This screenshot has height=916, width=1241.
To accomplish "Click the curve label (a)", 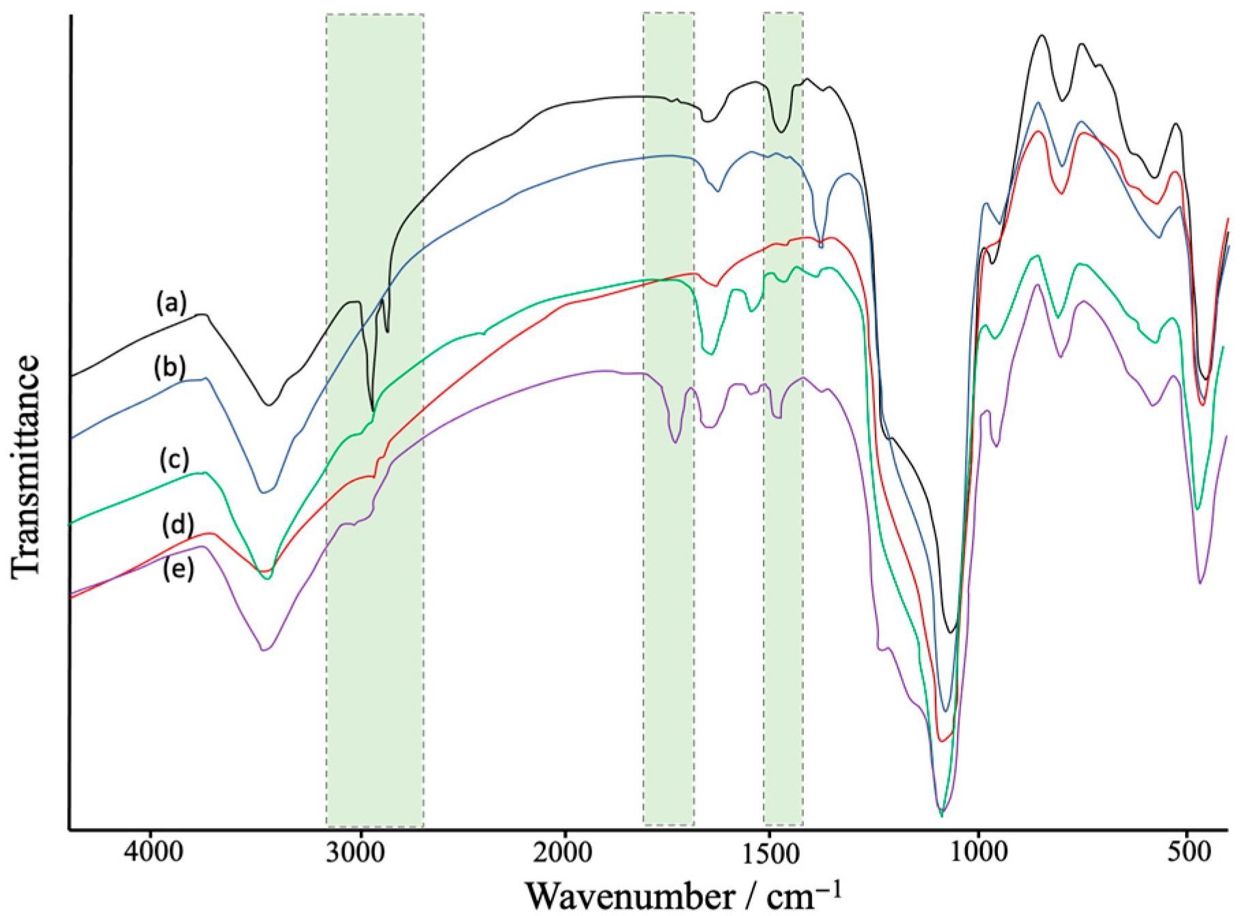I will tap(171, 302).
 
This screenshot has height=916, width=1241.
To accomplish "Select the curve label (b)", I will tap(169, 368).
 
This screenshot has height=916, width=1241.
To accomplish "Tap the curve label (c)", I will tap(174, 460).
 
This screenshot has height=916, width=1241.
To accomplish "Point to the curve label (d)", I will tap(178, 525).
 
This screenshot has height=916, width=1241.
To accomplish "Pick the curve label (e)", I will tap(178, 569).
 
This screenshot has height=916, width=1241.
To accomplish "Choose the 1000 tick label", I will tap(979, 853).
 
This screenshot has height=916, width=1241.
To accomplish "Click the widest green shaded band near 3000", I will tap(375, 205).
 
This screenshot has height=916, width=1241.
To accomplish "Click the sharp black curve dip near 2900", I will tap(372, 410).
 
